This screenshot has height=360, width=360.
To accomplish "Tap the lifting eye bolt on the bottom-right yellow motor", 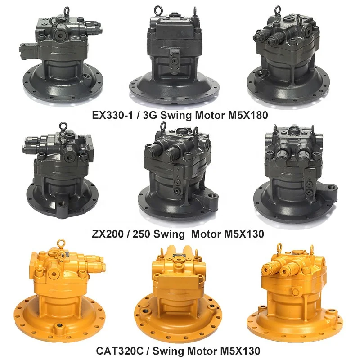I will tap(279, 247).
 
